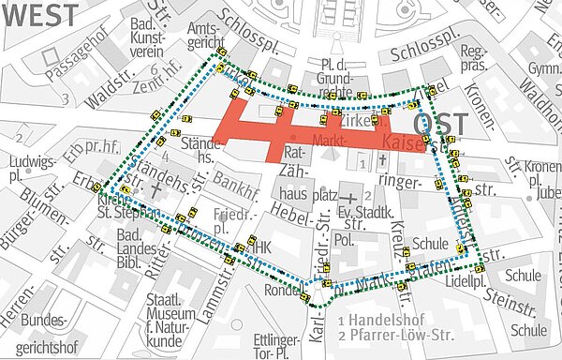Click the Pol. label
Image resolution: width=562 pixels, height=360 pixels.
click(x=345, y=239)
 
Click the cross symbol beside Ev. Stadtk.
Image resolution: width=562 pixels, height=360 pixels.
click(x=348, y=199)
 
